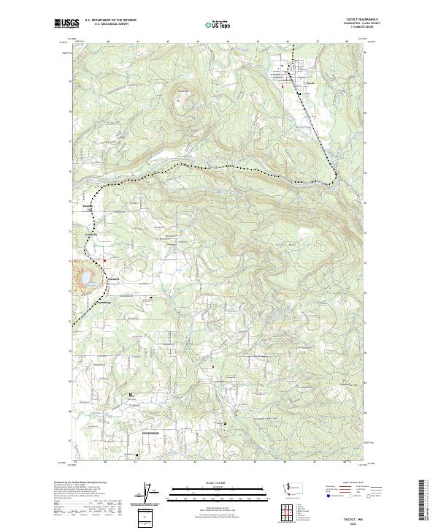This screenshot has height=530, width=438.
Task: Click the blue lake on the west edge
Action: click(x=81, y=279)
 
